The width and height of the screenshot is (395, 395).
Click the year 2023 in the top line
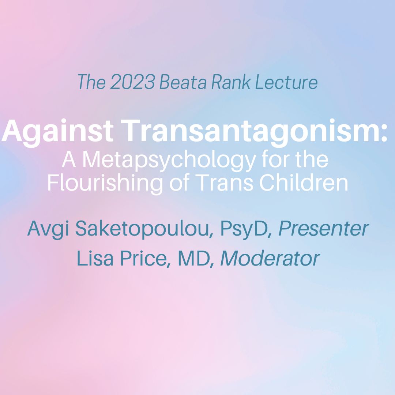pos(132,82)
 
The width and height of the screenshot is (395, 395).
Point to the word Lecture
pos(286,82)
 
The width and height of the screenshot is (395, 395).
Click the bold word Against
pos(57,132)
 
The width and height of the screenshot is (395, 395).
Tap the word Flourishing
pos(105,183)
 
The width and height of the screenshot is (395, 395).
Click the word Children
pos(304,183)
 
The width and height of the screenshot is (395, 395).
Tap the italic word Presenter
pos(323,229)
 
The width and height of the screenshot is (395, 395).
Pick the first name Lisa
pos(95,258)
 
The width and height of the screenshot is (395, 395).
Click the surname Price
pos(143,258)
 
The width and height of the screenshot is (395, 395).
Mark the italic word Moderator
pos(270,258)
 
